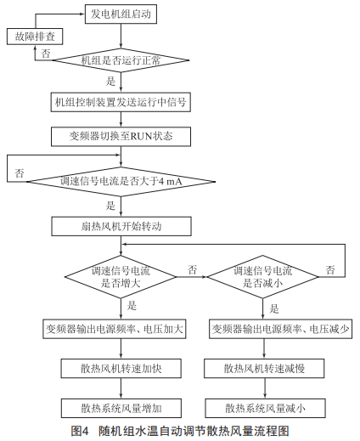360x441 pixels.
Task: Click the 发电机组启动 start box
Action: click(121, 14)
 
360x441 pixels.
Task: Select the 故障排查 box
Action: click(35, 37)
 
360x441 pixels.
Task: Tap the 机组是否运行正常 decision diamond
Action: click(121, 60)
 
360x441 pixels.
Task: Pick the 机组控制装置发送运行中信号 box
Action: click(121, 102)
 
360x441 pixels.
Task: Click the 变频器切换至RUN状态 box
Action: click(121, 137)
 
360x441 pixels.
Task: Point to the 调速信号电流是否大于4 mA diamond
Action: click(121, 181)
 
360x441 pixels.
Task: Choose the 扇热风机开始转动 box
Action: click(121, 226)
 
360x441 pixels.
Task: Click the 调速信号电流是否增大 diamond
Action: click(121, 277)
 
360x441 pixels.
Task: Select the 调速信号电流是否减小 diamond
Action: click(263, 277)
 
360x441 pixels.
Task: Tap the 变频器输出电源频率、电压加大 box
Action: click(115, 329)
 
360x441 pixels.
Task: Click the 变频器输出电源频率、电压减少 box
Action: click(280, 329)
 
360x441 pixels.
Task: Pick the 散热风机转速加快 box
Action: click(121, 369)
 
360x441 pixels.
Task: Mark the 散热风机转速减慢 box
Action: click(264, 369)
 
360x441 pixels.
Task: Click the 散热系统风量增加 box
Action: click(121, 408)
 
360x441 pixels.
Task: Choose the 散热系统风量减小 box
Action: click(265, 408)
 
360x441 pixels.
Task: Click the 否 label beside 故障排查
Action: click(46, 54)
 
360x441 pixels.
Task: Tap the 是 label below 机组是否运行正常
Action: click(110, 82)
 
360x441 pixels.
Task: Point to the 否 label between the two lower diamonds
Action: click(192, 269)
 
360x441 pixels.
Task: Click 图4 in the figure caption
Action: click(80, 431)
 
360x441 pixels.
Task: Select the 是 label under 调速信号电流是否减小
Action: click(274, 308)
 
